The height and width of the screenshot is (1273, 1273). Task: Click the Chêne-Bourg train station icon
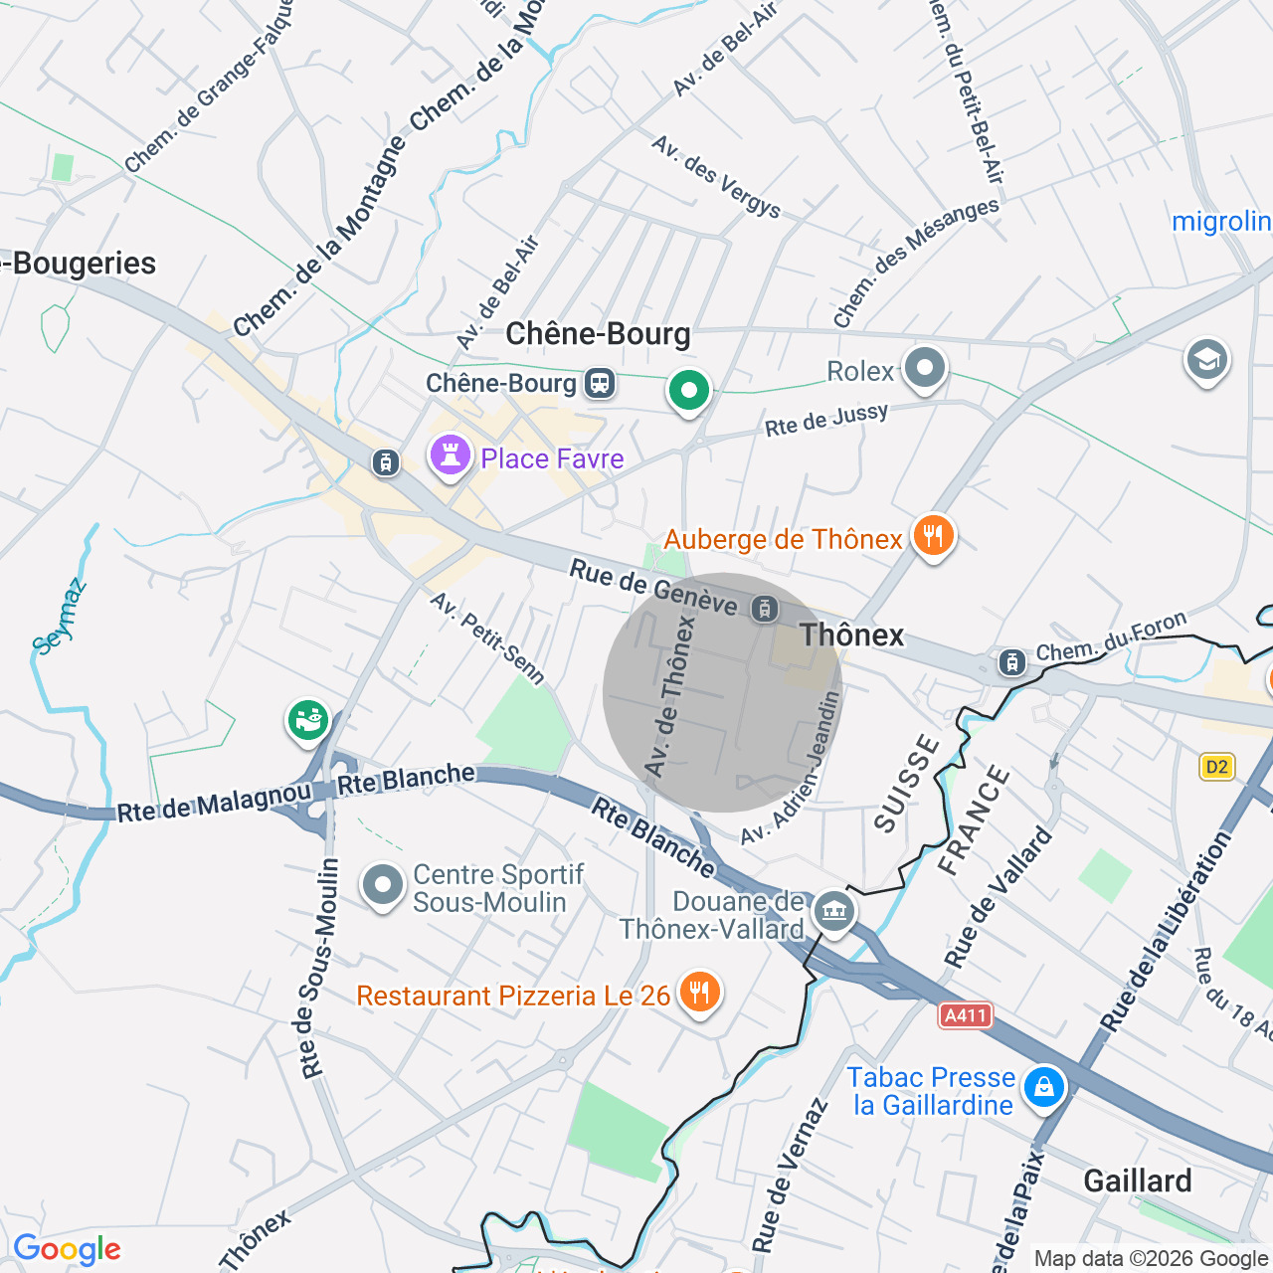point(600,383)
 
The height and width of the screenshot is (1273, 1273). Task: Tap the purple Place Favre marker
point(450,456)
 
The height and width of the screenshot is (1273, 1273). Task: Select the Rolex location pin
point(925,368)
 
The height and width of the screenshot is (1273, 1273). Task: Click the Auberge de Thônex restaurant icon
point(932,537)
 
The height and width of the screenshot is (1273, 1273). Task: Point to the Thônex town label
point(852,636)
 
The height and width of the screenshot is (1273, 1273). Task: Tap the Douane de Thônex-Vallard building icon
point(833,910)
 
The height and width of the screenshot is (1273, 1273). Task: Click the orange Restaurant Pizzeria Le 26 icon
point(700,993)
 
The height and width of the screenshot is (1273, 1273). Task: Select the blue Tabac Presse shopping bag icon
point(1043,1086)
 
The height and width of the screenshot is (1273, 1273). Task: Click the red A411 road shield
point(965,1015)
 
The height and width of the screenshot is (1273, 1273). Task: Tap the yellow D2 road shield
point(1216,766)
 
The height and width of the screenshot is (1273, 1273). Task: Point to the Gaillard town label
point(1137,1181)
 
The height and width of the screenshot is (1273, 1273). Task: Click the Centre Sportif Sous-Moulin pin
point(383,884)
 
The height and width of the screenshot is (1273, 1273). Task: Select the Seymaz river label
point(60,617)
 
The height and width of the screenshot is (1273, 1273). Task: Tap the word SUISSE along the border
point(906,783)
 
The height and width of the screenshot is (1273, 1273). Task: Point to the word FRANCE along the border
point(974,820)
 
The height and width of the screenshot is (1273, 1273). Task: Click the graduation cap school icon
point(1206,360)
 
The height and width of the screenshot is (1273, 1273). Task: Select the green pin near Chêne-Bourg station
point(688,390)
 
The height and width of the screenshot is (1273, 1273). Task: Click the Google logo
point(67,1250)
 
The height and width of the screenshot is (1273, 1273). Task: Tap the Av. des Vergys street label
point(716,176)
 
